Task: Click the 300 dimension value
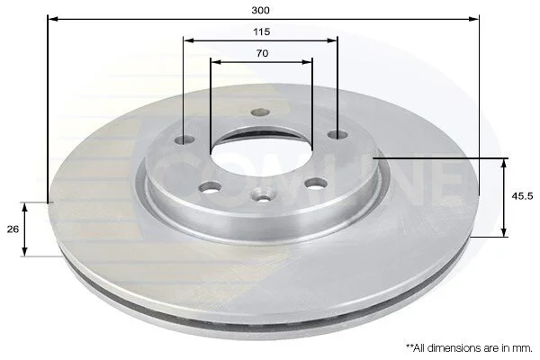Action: pyautogui.click(x=260, y=10)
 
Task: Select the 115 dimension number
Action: pyautogui.click(x=261, y=32)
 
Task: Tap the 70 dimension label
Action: pyautogui.click(x=262, y=53)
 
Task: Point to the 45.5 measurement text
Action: pyautogui.click(x=522, y=196)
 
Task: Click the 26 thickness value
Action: pyautogui.click(x=13, y=229)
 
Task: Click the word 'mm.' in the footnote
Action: pyautogui.click(x=523, y=348)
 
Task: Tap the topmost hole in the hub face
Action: pyautogui.click(x=260, y=112)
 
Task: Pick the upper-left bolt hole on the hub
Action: pyautogui.click(x=184, y=139)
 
